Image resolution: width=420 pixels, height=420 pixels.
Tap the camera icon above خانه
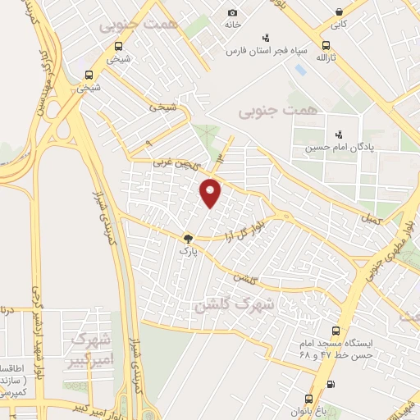(233, 12)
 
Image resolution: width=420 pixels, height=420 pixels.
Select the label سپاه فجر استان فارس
(267, 50)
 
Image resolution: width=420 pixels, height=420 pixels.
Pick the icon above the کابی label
(339, 11)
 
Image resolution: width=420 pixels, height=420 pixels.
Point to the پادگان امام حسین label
(337, 148)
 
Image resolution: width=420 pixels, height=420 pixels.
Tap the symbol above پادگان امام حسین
(337, 135)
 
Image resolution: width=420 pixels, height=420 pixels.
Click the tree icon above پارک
(189, 235)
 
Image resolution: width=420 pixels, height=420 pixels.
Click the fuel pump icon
(330, 383)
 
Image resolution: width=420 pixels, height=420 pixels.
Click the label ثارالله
(327, 58)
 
